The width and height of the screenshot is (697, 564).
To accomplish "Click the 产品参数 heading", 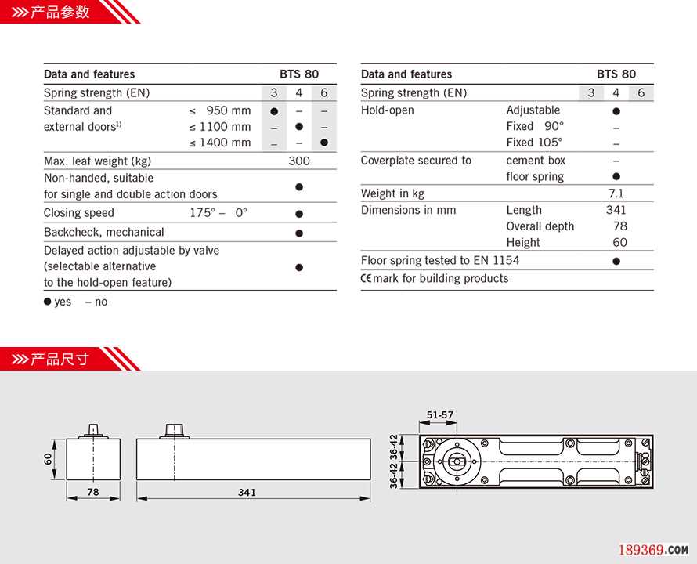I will pos(60,12).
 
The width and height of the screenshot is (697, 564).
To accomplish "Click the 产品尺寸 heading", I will pos(60,360).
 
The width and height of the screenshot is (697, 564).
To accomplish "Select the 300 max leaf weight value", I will pos(299,161).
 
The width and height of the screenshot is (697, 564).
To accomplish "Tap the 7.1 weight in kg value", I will pos(616,193).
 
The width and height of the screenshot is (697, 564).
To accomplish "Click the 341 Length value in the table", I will pos(616,210).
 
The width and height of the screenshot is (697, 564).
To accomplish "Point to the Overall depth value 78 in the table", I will pos(620,226).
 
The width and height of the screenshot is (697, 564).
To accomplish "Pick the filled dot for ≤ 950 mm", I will pos(274,111).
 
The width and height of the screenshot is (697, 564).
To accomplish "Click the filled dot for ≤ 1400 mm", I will pos(323,143).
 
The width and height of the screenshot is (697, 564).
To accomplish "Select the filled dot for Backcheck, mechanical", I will pos(299,233).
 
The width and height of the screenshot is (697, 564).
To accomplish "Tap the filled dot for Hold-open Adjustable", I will pos(616,111).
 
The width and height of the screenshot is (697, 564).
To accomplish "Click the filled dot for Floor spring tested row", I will pos(616,261).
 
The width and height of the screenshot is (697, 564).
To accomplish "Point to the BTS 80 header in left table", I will pos(299,74).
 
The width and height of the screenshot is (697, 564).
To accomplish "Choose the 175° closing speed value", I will pos(202,213).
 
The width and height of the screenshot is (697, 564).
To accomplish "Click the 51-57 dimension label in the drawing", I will pos(440,415).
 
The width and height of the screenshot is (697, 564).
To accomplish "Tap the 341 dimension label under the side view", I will pos(247,493).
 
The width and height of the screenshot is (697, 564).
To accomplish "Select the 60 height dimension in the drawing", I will pos(48,458).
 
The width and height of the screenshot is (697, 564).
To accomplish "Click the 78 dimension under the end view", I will pos(92,493).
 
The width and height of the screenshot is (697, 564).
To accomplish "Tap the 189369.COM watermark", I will pos(653,550).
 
